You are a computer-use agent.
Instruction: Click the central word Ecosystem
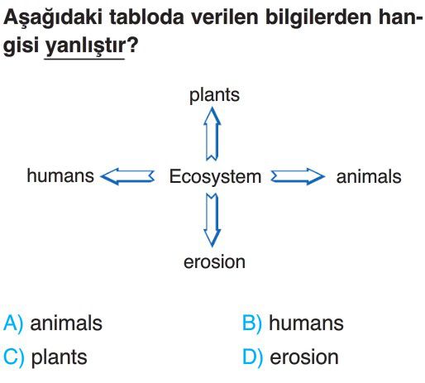(215, 177)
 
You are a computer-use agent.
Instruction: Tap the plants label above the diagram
(214, 95)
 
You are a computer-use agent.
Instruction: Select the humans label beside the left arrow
(60, 175)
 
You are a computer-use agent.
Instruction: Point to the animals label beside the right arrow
(369, 176)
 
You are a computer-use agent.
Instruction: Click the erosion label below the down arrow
(214, 261)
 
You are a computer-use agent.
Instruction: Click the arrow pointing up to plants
(212, 134)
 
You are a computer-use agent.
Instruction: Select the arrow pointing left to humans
(127, 176)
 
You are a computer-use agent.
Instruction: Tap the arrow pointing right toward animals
(298, 176)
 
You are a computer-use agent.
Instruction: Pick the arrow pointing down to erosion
(212, 220)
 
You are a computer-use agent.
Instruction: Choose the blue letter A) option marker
(13, 323)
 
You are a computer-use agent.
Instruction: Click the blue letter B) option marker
(251, 323)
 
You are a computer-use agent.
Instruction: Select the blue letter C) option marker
(14, 357)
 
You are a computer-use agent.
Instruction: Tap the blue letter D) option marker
(252, 357)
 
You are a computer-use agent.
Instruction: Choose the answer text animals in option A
(66, 323)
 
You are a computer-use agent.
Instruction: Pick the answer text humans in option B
(306, 323)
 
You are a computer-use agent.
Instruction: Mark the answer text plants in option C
(60, 358)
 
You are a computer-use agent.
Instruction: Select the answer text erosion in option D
(304, 357)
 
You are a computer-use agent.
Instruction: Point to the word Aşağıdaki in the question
(53, 18)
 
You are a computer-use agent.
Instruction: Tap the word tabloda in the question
(146, 17)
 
